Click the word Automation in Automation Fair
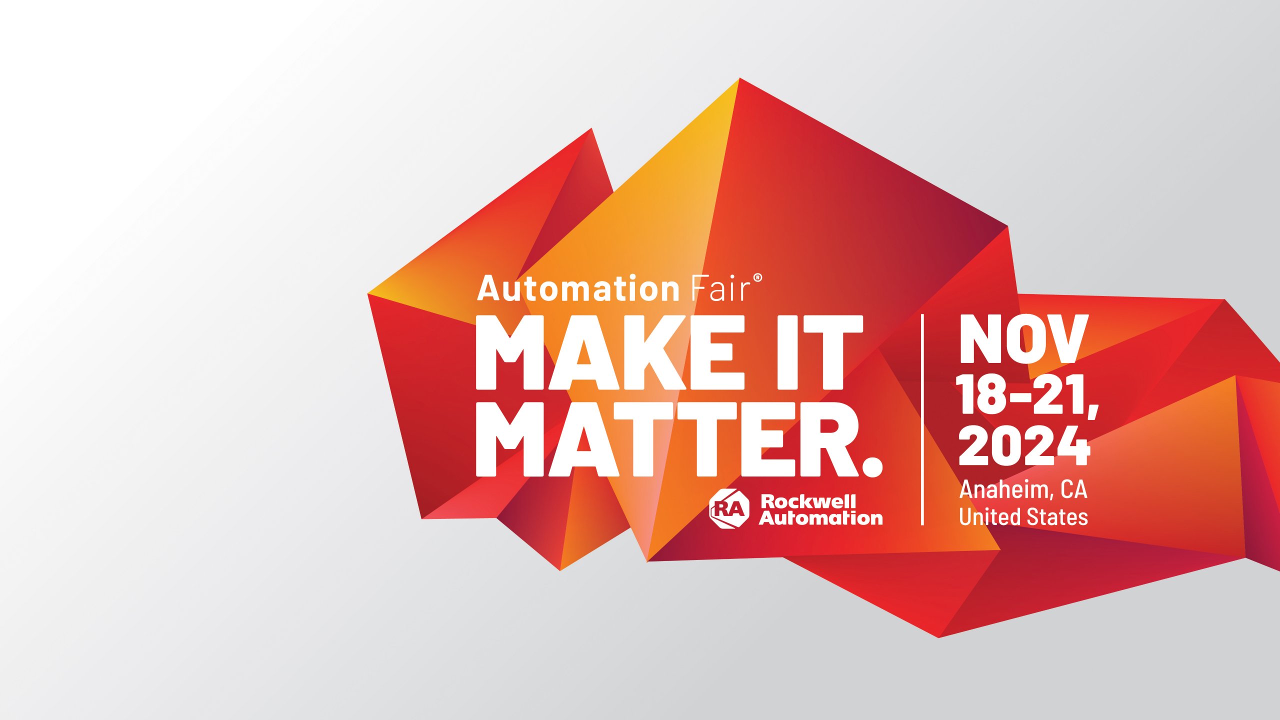[x=578, y=289]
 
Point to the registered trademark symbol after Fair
[x=757, y=278]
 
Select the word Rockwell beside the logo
[x=808, y=501]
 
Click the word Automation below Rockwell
[x=821, y=518]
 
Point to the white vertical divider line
[x=922, y=420]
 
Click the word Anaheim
[x=1003, y=489]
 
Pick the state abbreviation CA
[x=1074, y=489]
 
